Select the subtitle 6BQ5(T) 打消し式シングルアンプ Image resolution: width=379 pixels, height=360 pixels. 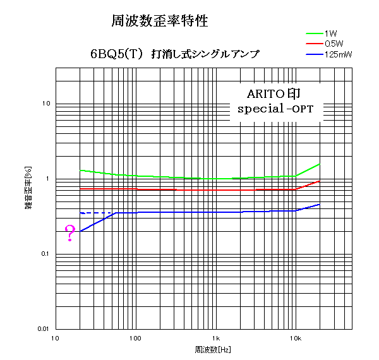click(174, 54)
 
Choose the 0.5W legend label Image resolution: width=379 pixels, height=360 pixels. click(334, 44)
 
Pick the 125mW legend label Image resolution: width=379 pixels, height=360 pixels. click(337, 55)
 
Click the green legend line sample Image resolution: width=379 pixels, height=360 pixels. click(314, 32)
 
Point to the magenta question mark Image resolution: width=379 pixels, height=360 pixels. click(70, 233)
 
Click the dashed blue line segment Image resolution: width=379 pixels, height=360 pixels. click(95, 213)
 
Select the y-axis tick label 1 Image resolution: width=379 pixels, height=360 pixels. click(49, 179)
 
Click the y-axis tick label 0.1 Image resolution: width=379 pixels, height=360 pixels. click(45, 254)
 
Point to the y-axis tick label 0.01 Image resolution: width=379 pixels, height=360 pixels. click(43, 329)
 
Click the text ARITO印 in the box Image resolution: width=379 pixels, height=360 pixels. click(274, 93)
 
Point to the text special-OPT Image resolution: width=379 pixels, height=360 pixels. click(275, 109)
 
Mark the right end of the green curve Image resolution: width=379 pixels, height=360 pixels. click(320, 164)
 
